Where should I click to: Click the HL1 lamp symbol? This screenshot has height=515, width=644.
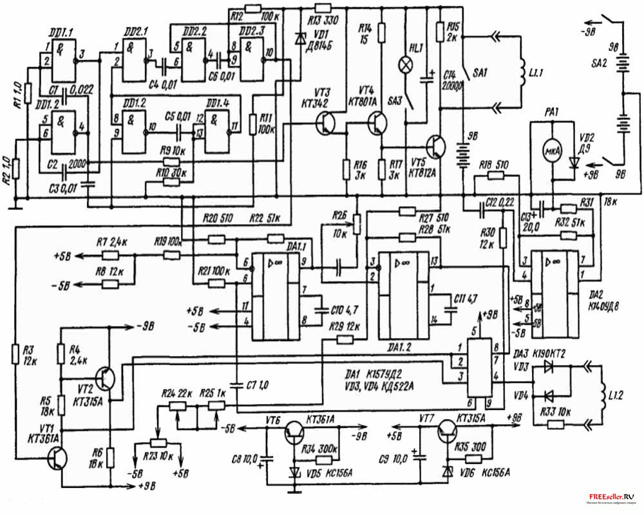click(406, 64)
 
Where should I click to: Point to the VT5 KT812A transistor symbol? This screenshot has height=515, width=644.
click(439, 148)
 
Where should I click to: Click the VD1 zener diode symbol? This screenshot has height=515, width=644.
click(298, 38)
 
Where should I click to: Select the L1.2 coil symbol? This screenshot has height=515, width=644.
click(601, 393)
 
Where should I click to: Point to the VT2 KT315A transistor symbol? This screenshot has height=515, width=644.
click(107, 379)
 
